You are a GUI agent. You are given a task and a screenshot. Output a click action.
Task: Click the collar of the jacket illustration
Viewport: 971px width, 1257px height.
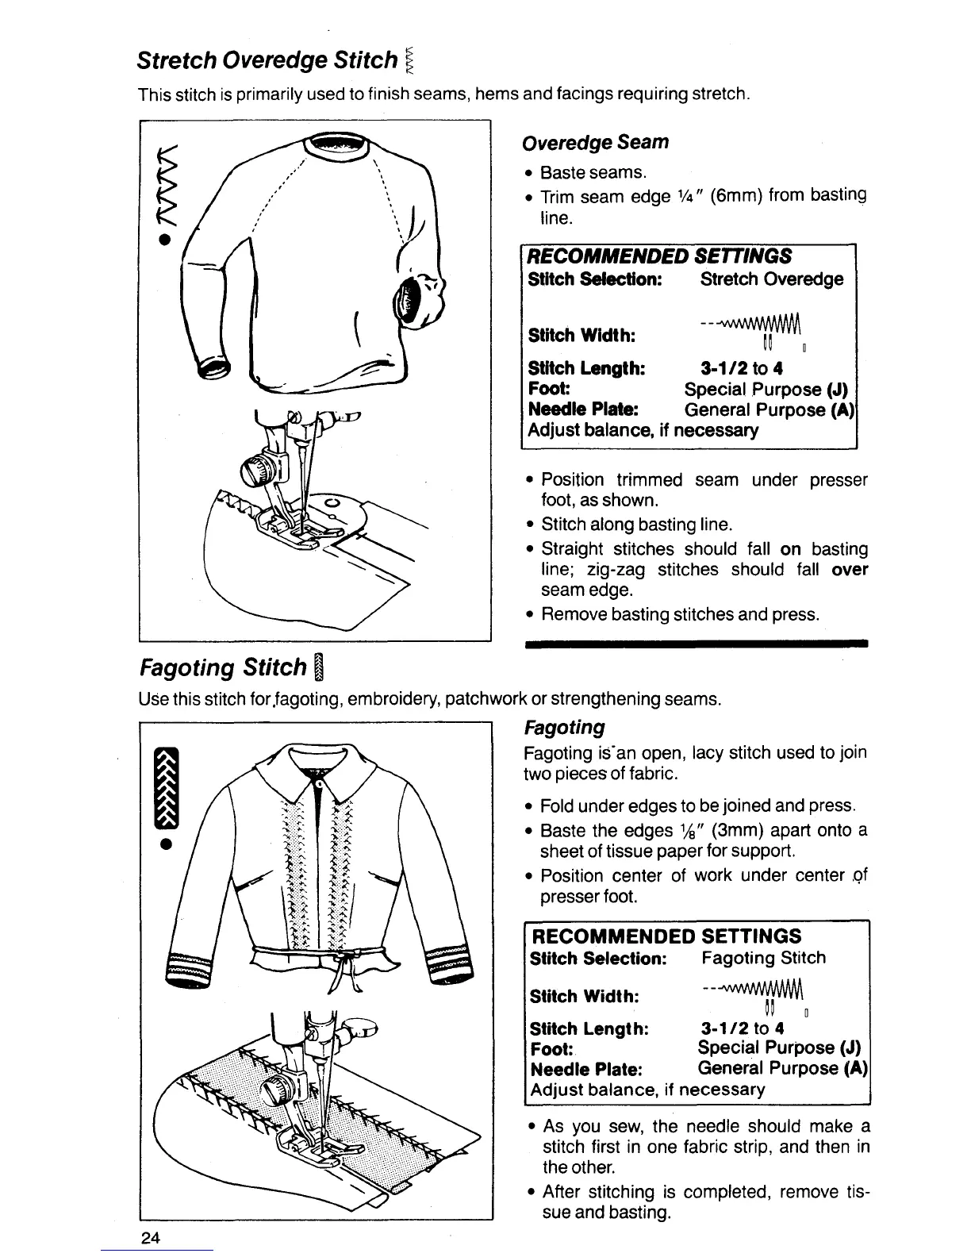pos(317,766)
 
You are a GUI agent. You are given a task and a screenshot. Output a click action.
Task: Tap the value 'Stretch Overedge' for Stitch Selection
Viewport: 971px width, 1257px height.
pos(771,279)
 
